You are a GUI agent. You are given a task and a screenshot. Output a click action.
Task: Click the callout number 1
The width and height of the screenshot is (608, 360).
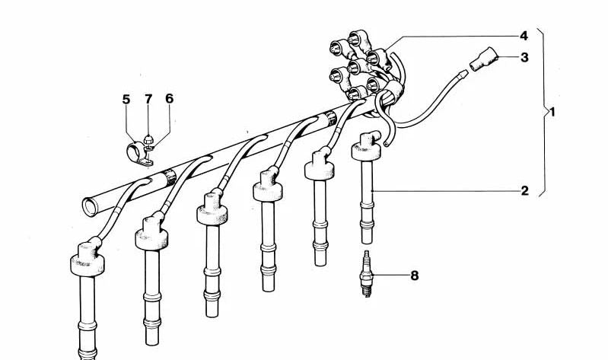552,113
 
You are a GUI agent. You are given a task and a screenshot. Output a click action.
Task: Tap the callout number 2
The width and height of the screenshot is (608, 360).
524,191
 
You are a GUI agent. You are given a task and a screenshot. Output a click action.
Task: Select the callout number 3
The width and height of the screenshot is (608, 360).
524,57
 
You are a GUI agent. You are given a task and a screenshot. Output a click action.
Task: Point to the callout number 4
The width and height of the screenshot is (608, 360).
524,36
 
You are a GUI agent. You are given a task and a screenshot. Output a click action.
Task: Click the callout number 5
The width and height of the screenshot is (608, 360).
126,99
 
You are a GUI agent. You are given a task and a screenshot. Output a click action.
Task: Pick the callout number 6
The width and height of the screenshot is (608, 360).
170,98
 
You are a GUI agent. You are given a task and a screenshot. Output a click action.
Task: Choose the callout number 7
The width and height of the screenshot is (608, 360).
148,99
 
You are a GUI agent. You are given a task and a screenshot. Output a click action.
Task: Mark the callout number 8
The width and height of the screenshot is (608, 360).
415,276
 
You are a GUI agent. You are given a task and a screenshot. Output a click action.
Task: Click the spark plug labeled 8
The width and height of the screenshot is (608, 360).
366,273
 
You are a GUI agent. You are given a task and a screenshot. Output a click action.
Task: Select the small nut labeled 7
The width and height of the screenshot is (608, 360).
148,139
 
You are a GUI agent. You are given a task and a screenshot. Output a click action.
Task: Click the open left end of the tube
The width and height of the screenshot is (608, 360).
90,207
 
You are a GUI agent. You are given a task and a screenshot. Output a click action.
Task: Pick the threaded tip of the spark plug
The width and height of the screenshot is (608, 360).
367,291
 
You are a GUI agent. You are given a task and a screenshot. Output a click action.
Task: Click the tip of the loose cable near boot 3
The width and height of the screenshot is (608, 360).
462,74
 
